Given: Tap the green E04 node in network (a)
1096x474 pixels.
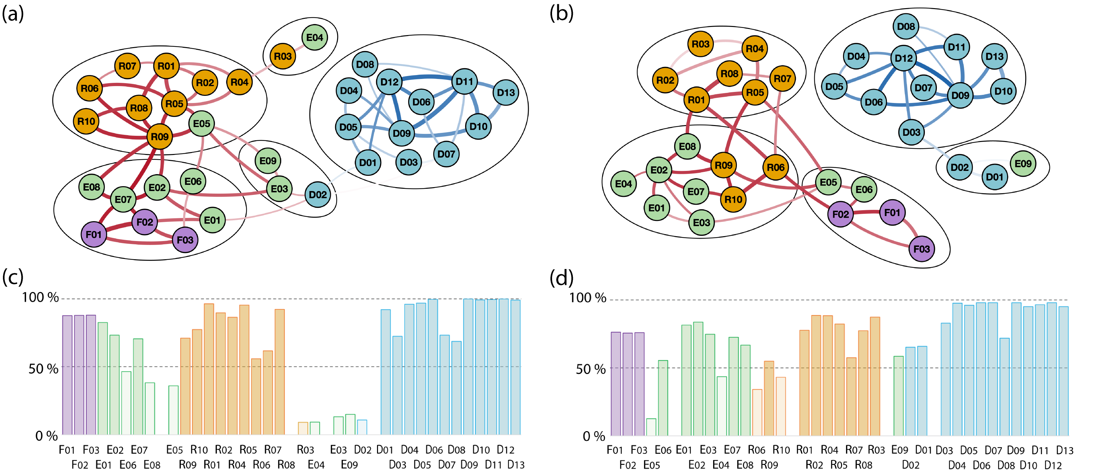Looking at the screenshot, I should [314, 37].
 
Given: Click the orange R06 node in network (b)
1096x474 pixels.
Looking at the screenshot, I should [775, 167].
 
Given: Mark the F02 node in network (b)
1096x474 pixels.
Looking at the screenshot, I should [840, 214].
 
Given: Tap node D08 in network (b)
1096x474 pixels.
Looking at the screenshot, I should [906, 26].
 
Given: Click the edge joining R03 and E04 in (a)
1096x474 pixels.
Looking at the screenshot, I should [299, 47].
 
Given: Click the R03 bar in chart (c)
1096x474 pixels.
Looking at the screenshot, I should [303, 428].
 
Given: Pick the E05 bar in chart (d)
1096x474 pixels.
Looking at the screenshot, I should [651, 427].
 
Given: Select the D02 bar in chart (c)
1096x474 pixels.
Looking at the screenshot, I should [362, 427].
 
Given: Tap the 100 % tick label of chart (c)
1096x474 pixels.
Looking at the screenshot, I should [40, 297].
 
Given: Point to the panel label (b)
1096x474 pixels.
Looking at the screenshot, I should [561, 14].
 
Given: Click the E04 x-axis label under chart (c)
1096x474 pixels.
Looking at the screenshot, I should [316, 465].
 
